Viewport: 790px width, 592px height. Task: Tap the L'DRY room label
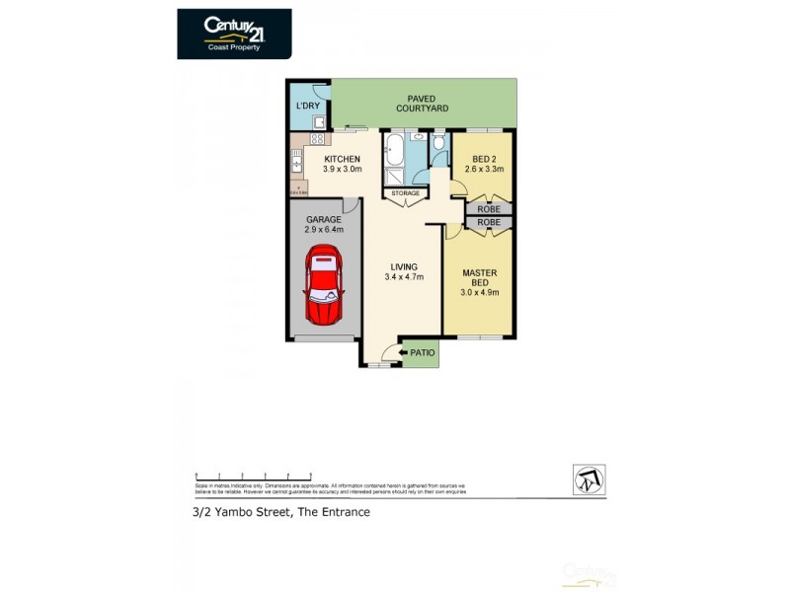(306, 105)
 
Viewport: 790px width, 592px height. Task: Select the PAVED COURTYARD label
(423, 104)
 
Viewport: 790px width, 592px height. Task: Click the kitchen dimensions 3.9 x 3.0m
(341, 169)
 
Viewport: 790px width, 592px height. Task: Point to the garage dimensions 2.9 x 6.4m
(323, 229)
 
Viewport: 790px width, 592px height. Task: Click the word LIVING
(403, 266)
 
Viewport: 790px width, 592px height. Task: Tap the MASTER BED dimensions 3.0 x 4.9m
(479, 291)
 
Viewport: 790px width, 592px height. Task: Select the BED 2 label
(485, 159)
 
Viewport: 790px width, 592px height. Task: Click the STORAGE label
(406, 193)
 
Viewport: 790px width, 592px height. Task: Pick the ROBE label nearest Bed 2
(489, 209)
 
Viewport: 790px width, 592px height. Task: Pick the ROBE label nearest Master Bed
(489, 223)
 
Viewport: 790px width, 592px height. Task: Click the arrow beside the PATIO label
(403, 351)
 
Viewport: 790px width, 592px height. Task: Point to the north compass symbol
(589, 481)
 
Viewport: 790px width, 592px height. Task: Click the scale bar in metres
(254, 476)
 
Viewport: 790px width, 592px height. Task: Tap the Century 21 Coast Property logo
(234, 34)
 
